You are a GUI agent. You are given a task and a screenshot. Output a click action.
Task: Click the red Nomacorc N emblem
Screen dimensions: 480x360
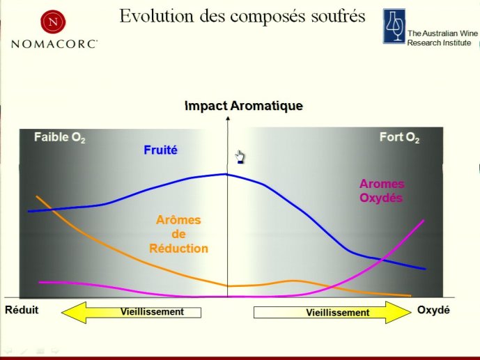tap(53, 22)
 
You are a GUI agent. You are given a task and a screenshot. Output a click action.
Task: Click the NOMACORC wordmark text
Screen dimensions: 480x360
tap(54, 44)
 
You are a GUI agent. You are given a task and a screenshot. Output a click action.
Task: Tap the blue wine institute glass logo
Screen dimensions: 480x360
tap(394, 26)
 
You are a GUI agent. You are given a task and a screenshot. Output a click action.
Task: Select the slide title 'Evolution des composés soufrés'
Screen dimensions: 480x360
tap(242, 16)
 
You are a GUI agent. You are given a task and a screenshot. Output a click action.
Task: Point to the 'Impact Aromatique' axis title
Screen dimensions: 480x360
tap(244, 106)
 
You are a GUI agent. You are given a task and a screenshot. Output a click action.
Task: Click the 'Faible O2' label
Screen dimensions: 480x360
tap(60, 137)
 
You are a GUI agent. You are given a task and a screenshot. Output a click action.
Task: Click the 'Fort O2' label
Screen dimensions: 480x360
tap(399, 137)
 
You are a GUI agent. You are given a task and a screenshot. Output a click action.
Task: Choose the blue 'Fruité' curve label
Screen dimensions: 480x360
tap(160, 150)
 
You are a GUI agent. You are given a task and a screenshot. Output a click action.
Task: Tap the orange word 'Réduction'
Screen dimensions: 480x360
tap(178, 249)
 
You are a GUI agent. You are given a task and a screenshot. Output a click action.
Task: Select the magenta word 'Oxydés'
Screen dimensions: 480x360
tap(381, 198)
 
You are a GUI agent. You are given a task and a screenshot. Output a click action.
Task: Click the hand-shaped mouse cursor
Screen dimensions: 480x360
tap(240, 157)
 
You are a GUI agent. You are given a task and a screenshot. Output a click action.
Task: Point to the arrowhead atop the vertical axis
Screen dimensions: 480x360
tap(227, 118)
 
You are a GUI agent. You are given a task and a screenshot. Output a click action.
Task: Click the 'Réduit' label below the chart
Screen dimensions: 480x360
tap(22, 310)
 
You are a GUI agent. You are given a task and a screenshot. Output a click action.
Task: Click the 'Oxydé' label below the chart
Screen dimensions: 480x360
tap(433, 310)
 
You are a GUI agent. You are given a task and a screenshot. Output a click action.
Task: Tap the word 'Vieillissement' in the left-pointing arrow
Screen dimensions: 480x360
tap(152, 312)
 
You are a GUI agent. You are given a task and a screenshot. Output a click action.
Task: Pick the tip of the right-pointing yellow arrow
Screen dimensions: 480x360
tap(411, 312)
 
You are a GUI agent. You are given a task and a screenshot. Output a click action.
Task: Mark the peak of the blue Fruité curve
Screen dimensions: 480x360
tap(226, 174)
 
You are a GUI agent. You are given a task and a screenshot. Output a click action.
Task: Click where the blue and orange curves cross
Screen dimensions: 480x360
tap(52, 210)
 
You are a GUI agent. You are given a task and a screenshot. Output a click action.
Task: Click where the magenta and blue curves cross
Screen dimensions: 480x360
tap(382, 260)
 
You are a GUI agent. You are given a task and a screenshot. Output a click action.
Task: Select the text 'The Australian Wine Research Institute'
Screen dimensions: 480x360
tap(442, 38)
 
